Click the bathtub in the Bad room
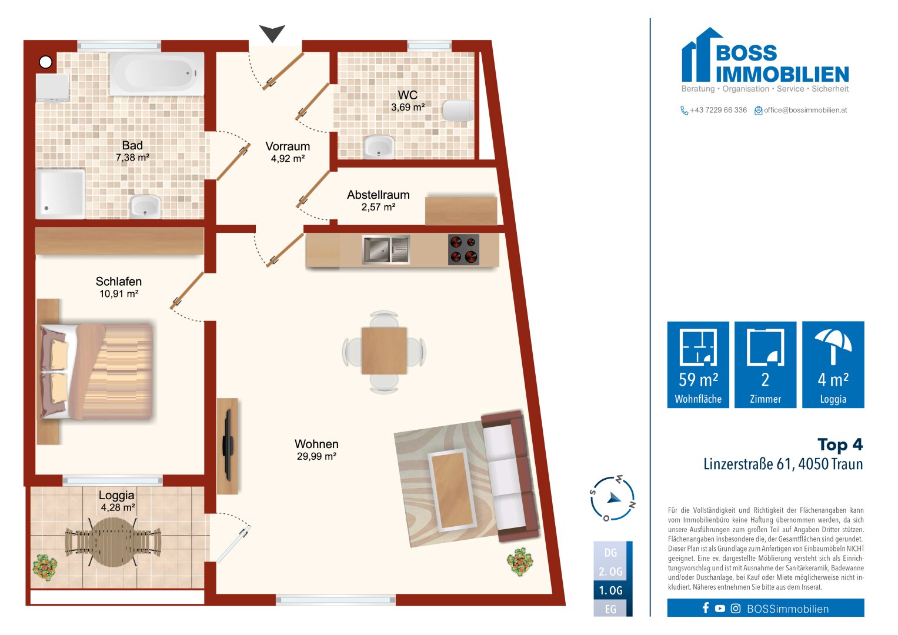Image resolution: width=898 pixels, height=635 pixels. [x=157, y=73]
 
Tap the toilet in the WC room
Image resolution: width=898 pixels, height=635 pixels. [x=458, y=110]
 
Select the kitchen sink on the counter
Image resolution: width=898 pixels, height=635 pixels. [x=386, y=249]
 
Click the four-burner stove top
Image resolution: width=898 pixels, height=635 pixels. [x=463, y=249]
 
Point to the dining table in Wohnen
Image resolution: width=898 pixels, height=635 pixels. [x=384, y=351]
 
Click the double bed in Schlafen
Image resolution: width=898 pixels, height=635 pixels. [x=96, y=372]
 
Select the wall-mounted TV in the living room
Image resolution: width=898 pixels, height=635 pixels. [x=228, y=445]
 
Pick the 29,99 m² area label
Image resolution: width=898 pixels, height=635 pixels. [x=316, y=456]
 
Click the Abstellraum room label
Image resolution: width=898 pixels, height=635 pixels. [x=378, y=195]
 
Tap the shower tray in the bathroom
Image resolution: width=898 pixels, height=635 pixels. [x=60, y=194]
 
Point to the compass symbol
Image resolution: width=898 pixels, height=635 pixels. [x=612, y=499]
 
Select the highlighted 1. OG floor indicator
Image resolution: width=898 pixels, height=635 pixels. [x=610, y=590]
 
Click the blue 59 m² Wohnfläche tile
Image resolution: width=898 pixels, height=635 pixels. [x=698, y=365]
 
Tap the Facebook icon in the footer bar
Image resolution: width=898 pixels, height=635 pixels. [x=706, y=608]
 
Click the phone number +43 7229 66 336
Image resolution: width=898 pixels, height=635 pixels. [x=718, y=110]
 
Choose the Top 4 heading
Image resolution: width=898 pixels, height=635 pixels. [x=840, y=444]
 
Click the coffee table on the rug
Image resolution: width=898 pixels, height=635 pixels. [x=453, y=489]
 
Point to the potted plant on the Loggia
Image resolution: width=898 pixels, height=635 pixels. [x=45, y=566]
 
